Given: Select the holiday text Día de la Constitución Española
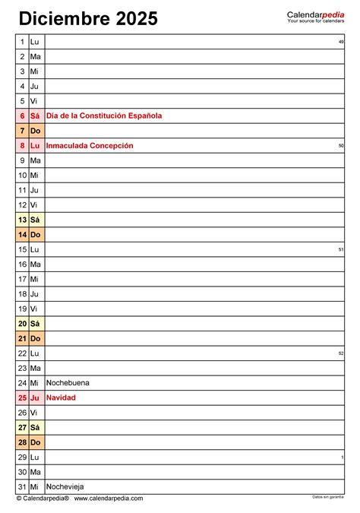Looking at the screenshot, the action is [x=104, y=116].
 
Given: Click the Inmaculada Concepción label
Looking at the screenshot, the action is [x=90, y=145].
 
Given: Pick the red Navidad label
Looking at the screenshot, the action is [x=61, y=397].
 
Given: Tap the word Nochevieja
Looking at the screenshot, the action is [x=65, y=486].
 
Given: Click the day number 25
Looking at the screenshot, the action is [x=23, y=397].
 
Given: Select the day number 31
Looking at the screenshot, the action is [x=23, y=486].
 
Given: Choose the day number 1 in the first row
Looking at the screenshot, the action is [x=23, y=42].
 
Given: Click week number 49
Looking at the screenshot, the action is [x=341, y=42].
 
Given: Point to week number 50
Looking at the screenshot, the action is [x=341, y=145].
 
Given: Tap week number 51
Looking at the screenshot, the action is [x=341, y=249].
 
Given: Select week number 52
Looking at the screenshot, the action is [x=341, y=353].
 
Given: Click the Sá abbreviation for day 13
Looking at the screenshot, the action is [x=35, y=220].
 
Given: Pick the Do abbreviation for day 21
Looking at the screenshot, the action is [x=36, y=338].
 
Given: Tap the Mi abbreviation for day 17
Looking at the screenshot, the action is [x=35, y=279].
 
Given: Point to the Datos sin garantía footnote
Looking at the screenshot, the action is [x=328, y=497].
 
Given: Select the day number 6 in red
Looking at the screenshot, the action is [x=23, y=116].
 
